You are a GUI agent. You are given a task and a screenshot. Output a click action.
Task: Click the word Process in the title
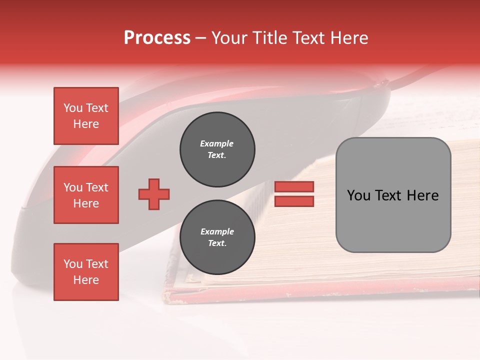coord(157,38)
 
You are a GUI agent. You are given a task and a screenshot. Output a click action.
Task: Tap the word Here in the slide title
coord(349,38)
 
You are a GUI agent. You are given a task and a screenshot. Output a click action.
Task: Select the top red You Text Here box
coord(86,116)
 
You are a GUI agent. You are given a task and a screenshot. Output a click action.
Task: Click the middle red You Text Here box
coord(86,195)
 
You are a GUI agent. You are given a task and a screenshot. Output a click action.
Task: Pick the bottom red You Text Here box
coord(86,272)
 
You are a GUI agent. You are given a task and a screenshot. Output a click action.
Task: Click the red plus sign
coord(154,194)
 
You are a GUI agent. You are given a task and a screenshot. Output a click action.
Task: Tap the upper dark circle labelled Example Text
coord(217,149)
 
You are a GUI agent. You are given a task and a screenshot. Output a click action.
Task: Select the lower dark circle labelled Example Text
coord(217,237)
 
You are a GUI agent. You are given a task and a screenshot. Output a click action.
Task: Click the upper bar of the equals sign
coord(294,186)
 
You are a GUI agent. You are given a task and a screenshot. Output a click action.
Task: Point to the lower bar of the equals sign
coord(294,201)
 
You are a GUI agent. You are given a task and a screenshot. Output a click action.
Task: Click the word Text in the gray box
coord(390,195)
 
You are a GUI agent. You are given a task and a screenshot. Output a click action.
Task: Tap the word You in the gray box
coord(359,195)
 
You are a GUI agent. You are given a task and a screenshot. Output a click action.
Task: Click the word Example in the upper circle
coord(217,144)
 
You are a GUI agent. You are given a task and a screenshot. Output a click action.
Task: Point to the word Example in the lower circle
coord(217,232)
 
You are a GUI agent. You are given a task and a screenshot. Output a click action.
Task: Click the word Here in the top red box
coord(86,124)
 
